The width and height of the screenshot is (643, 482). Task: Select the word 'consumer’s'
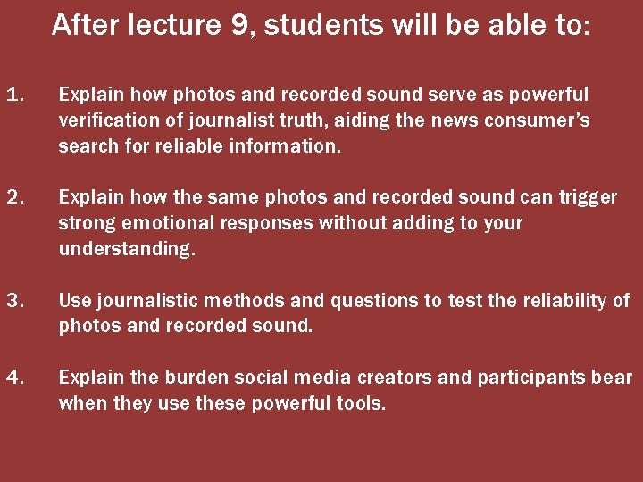pyautogui.click(x=544, y=120)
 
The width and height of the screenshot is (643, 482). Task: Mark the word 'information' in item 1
pyautogui.click(x=292, y=145)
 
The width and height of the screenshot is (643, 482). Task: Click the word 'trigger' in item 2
pyautogui.click(x=588, y=197)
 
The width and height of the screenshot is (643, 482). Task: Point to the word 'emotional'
pyautogui.click(x=159, y=223)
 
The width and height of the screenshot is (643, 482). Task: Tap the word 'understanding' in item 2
pyautogui.click(x=123, y=249)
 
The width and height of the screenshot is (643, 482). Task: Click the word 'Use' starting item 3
pyautogui.click(x=73, y=301)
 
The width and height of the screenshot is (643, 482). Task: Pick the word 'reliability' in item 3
pyautogui.click(x=564, y=301)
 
